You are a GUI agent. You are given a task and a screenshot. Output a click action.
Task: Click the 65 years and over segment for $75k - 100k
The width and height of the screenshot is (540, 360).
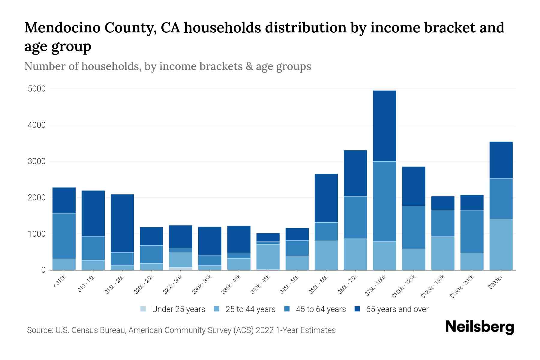[x=384, y=126]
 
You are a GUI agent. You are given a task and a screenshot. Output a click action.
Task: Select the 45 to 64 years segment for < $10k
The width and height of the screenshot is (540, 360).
[x=64, y=236]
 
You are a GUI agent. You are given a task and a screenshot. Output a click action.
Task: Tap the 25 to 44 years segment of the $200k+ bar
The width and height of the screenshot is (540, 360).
[x=501, y=244]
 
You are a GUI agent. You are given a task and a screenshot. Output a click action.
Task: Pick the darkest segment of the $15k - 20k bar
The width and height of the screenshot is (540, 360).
[x=122, y=223]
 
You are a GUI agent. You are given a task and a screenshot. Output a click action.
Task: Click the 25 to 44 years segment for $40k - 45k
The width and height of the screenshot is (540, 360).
[x=268, y=257]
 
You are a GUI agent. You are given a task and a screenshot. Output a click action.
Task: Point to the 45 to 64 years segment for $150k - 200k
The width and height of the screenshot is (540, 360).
[x=472, y=231]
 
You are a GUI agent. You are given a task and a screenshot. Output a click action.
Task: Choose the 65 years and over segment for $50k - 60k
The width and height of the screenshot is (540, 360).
[x=326, y=198]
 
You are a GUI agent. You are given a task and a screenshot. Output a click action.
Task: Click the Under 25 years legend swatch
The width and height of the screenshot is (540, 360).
[x=143, y=309]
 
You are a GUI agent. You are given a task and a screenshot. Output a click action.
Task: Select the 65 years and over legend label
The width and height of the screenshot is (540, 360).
[x=397, y=309]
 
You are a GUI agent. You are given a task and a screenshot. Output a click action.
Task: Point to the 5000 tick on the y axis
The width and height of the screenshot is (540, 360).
[x=37, y=89]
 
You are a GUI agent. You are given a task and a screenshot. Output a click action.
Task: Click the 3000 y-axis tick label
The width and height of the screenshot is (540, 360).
[x=37, y=161]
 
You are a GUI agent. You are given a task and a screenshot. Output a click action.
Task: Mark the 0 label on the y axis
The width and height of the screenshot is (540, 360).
[x=43, y=270]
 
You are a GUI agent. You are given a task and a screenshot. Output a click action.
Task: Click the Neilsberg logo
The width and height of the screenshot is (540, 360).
[x=479, y=327]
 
